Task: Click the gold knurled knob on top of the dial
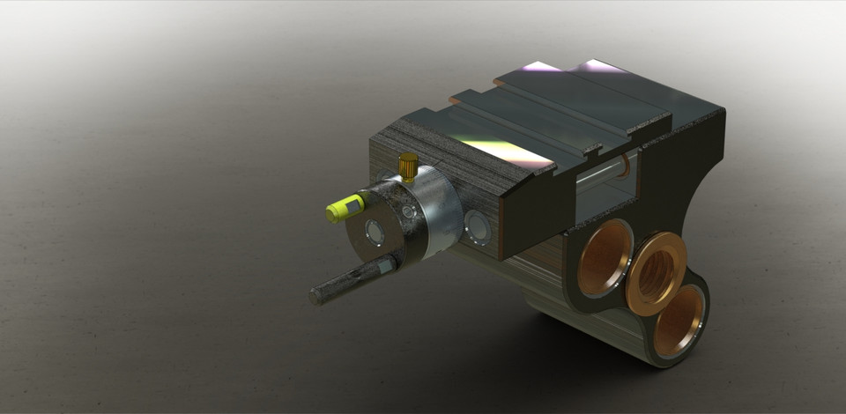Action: click(408, 166)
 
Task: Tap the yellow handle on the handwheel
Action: click(345, 207)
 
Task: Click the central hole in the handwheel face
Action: click(375, 233)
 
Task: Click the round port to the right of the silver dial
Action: click(479, 228)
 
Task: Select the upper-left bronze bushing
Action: click(605, 257)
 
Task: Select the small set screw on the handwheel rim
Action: click(408, 212)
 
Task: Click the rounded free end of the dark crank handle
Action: click(316, 296)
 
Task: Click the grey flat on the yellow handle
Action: click(353, 204)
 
